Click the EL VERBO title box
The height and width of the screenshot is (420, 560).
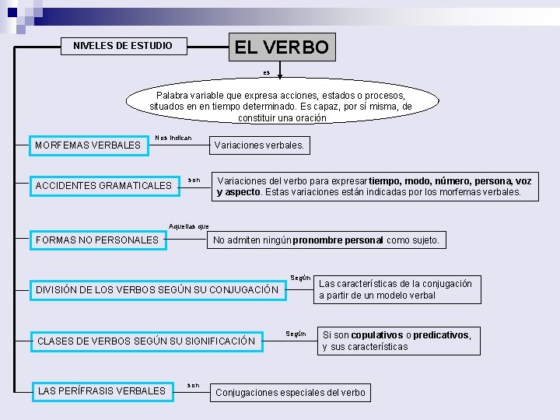coord(282,47)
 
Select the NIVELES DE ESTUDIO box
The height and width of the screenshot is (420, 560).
coord(123,46)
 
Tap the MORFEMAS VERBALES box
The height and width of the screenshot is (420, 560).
coord(88,145)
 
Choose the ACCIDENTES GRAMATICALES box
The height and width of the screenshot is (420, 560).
coord(103,186)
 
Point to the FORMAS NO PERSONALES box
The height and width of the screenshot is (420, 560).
coord(97,240)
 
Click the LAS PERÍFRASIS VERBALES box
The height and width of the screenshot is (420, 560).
coord(102,390)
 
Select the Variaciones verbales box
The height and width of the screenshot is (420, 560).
coord(259,145)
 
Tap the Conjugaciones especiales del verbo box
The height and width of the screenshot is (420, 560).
coord(289,392)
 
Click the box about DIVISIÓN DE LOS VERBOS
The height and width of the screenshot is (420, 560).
coord(157,290)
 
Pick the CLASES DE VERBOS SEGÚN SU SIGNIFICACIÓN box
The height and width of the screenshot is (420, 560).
coord(146,341)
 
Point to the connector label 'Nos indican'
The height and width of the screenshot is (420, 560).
coord(173,138)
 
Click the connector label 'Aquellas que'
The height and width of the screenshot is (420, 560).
coord(189,226)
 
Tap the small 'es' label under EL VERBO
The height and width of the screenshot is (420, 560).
coord(266,72)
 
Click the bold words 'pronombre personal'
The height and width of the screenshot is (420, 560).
coord(338,240)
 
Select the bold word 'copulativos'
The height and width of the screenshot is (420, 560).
coord(377,335)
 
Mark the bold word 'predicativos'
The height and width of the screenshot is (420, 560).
coord(442,335)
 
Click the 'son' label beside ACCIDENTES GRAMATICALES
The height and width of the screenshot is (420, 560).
coord(194,180)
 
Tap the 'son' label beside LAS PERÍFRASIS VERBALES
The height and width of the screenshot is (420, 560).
coord(193,385)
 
